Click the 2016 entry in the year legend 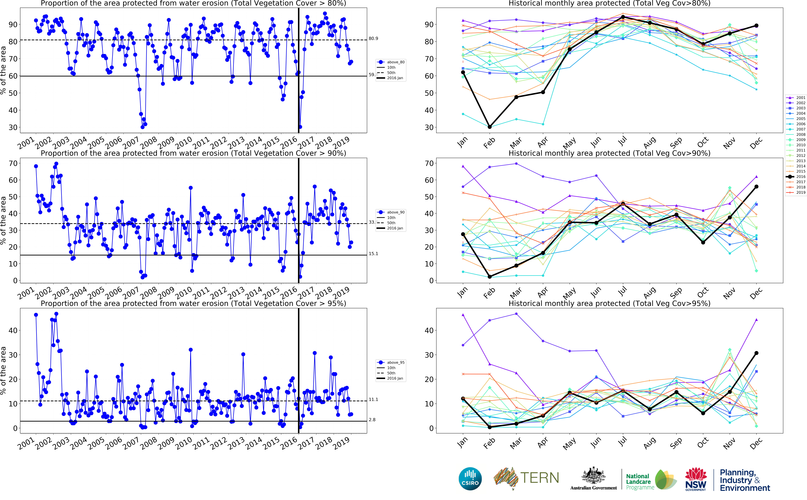click(800, 177)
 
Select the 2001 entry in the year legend click(800, 98)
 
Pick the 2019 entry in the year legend click(800, 193)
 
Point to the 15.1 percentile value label click(373, 254)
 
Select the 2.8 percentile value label click(372, 420)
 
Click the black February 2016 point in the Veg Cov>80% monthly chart click(490, 127)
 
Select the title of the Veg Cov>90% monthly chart click(609, 153)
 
